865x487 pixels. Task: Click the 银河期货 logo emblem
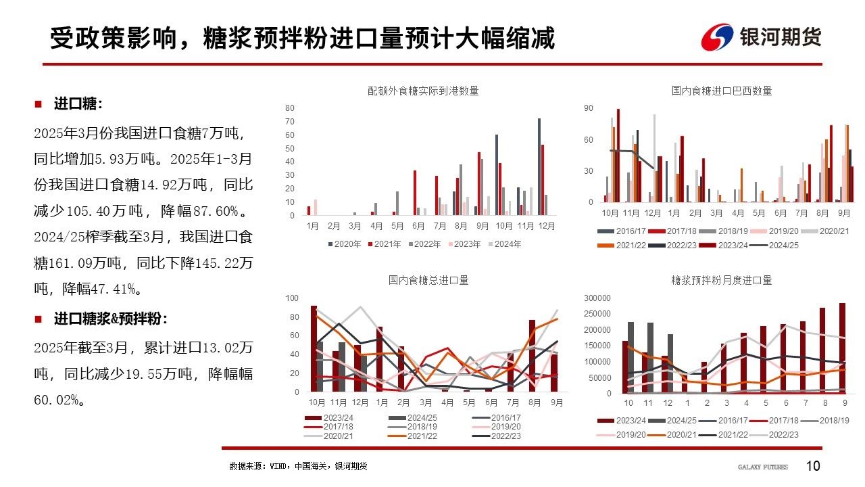click(x=717, y=37)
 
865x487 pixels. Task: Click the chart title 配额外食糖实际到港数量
click(x=423, y=91)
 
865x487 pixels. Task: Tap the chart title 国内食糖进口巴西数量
click(x=722, y=91)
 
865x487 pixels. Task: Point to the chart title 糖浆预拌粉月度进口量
click(x=722, y=279)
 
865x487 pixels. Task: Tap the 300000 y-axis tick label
click(x=581, y=298)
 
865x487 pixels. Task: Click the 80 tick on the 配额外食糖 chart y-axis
click(x=289, y=108)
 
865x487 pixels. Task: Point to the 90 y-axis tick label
click(x=588, y=108)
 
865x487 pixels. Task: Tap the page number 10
click(x=813, y=466)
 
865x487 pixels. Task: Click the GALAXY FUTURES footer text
click(x=762, y=467)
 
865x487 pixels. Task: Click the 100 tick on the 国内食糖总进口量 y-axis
click(x=292, y=298)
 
